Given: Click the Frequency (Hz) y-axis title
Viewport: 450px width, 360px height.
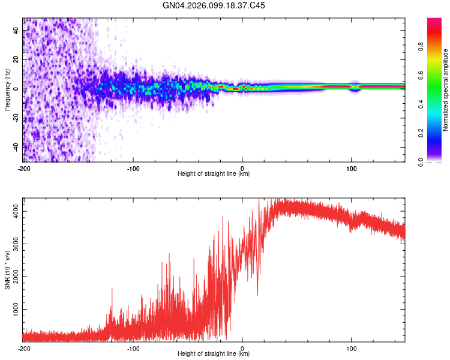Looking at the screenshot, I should pyautogui.click(x=7, y=89).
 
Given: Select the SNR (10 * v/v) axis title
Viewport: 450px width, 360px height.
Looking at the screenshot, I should pyautogui.click(x=7, y=269).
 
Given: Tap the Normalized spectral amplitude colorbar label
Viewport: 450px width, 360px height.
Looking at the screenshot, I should pyautogui.click(x=445, y=90).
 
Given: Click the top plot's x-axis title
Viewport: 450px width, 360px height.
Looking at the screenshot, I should pyautogui.click(x=214, y=174).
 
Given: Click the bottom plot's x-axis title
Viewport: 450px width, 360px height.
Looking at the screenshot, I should pyautogui.click(x=214, y=353).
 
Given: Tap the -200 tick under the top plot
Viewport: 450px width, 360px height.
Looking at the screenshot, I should pyautogui.click(x=23, y=169).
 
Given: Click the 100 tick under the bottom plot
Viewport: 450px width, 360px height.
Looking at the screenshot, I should pyautogui.click(x=352, y=348).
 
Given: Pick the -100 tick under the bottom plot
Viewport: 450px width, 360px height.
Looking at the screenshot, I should pyautogui.click(x=133, y=348).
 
